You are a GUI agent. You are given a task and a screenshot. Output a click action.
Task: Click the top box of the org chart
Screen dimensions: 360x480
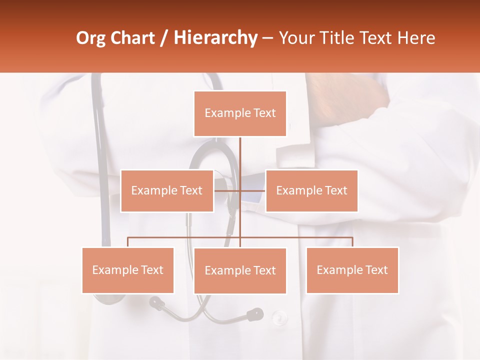pyautogui.click(x=240, y=113)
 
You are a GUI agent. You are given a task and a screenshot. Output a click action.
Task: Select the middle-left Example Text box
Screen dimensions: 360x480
pyautogui.click(x=167, y=190)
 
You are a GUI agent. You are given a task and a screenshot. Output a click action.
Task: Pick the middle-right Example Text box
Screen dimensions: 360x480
pyautogui.click(x=311, y=190)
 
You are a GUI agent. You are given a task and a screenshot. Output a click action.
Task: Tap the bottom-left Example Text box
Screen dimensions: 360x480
pyautogui.click(x=128, y=270)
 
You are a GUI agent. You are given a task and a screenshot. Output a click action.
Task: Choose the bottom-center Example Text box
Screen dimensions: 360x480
pyautogui.click(x=240, y=270)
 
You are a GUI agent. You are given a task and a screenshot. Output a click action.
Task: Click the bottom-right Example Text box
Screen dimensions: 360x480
pyautogui.click(x=352, y=270)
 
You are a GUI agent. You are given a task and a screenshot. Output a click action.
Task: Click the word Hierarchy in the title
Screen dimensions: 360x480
pyautogui.click(x=215, y=38)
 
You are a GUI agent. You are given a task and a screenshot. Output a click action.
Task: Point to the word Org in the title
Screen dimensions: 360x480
pyautogui.click(x=91, y=38)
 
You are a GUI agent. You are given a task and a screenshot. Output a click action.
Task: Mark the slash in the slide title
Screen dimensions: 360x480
pyautogui.click(x=164, y=38)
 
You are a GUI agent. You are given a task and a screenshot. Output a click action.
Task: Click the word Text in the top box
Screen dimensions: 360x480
pyautogui.click(x=264, y=113)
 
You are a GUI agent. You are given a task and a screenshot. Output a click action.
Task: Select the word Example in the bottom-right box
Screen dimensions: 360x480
pyautogui.click(x=340, y=270)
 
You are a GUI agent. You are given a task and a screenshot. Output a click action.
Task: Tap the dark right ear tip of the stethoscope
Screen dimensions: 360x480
pyautogui.click(x=255, y=314)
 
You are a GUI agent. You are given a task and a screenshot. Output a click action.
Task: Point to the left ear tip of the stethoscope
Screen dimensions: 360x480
pyautogui.click(x=157, y=302)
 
